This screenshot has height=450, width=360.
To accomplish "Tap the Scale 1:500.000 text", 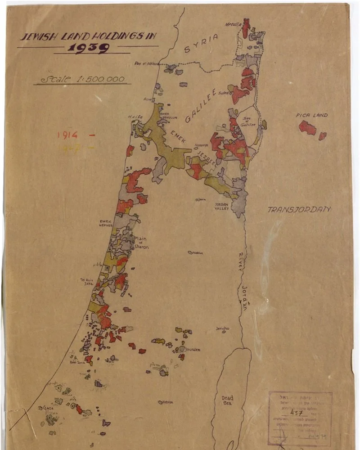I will click(83, 79).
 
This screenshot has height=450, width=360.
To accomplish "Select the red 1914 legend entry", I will click(67, 134).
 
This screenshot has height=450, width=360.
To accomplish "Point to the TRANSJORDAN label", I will click(299, 209).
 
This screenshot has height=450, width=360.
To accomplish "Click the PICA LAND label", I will click(311, 115).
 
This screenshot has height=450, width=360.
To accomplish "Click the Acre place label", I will click(147, 99).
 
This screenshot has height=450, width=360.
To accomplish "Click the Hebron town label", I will click(166, 402).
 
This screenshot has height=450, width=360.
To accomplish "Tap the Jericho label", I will click(222, 328).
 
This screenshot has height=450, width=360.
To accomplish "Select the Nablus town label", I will click(197, 253).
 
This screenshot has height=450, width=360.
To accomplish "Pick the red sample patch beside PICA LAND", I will click(308, 128).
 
